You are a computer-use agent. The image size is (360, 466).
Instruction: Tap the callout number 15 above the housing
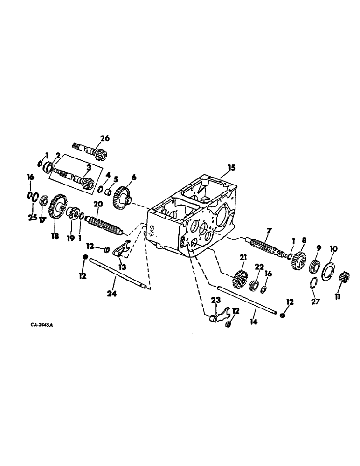[231, 168]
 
